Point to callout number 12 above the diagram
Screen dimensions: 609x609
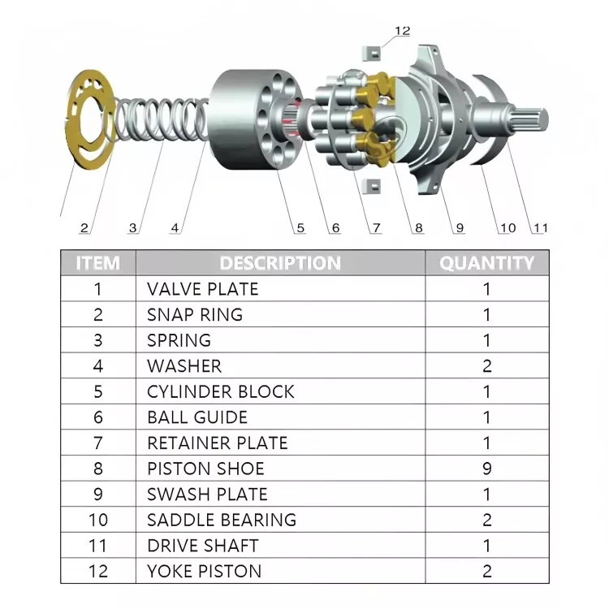pyautogui.click(x=403, y=32)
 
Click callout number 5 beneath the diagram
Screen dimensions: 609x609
pyautogui.click(x=300, y=229)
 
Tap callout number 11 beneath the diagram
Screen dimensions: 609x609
pyautogui.click(x=540, y=229)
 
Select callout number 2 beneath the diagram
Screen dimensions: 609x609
pyautogui.click(x=84, y=229)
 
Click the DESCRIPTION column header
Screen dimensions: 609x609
pyautogui.click(x=280, y=263)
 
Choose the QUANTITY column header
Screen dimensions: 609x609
pyautogui.click(x=487, y=263)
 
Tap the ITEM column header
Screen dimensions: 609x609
pyautogui.click(x=97, y=263)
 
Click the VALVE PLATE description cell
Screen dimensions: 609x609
pyautogui.click(x=203, y=289)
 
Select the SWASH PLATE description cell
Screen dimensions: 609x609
pyautogui.click(x=207, y=494)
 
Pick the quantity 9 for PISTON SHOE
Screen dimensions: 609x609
pyautogui.click(x=487, y=469)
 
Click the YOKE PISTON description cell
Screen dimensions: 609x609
pyautogui.click(x=205, y=571)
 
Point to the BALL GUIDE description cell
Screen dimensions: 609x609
pyautogui.click(x=197, y=417)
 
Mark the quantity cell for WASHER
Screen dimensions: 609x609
pyautogui.click(x=487, y=366)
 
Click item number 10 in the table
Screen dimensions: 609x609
pyautogui.click(x=98, y=520)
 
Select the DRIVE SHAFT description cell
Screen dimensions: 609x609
pyautogui.click(x=203, y=546)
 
